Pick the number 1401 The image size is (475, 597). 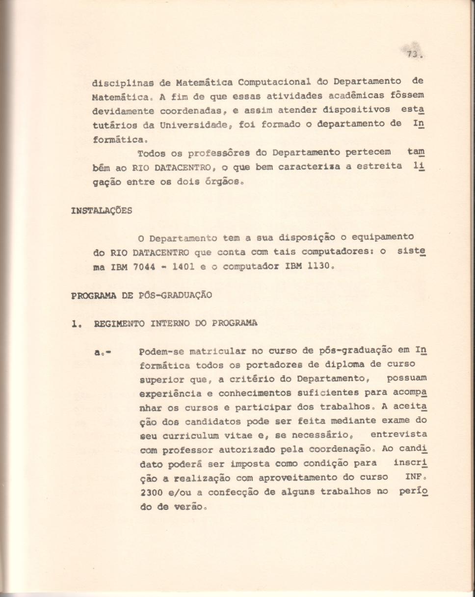190,268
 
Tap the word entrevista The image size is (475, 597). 398,435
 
